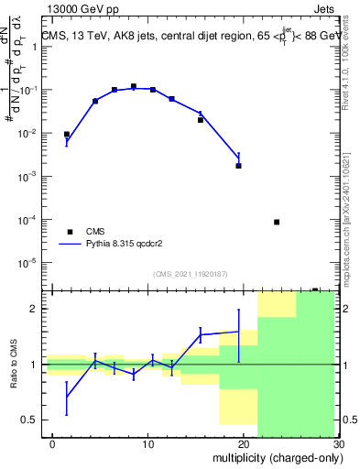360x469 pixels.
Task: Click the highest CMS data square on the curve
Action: point(134,86)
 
